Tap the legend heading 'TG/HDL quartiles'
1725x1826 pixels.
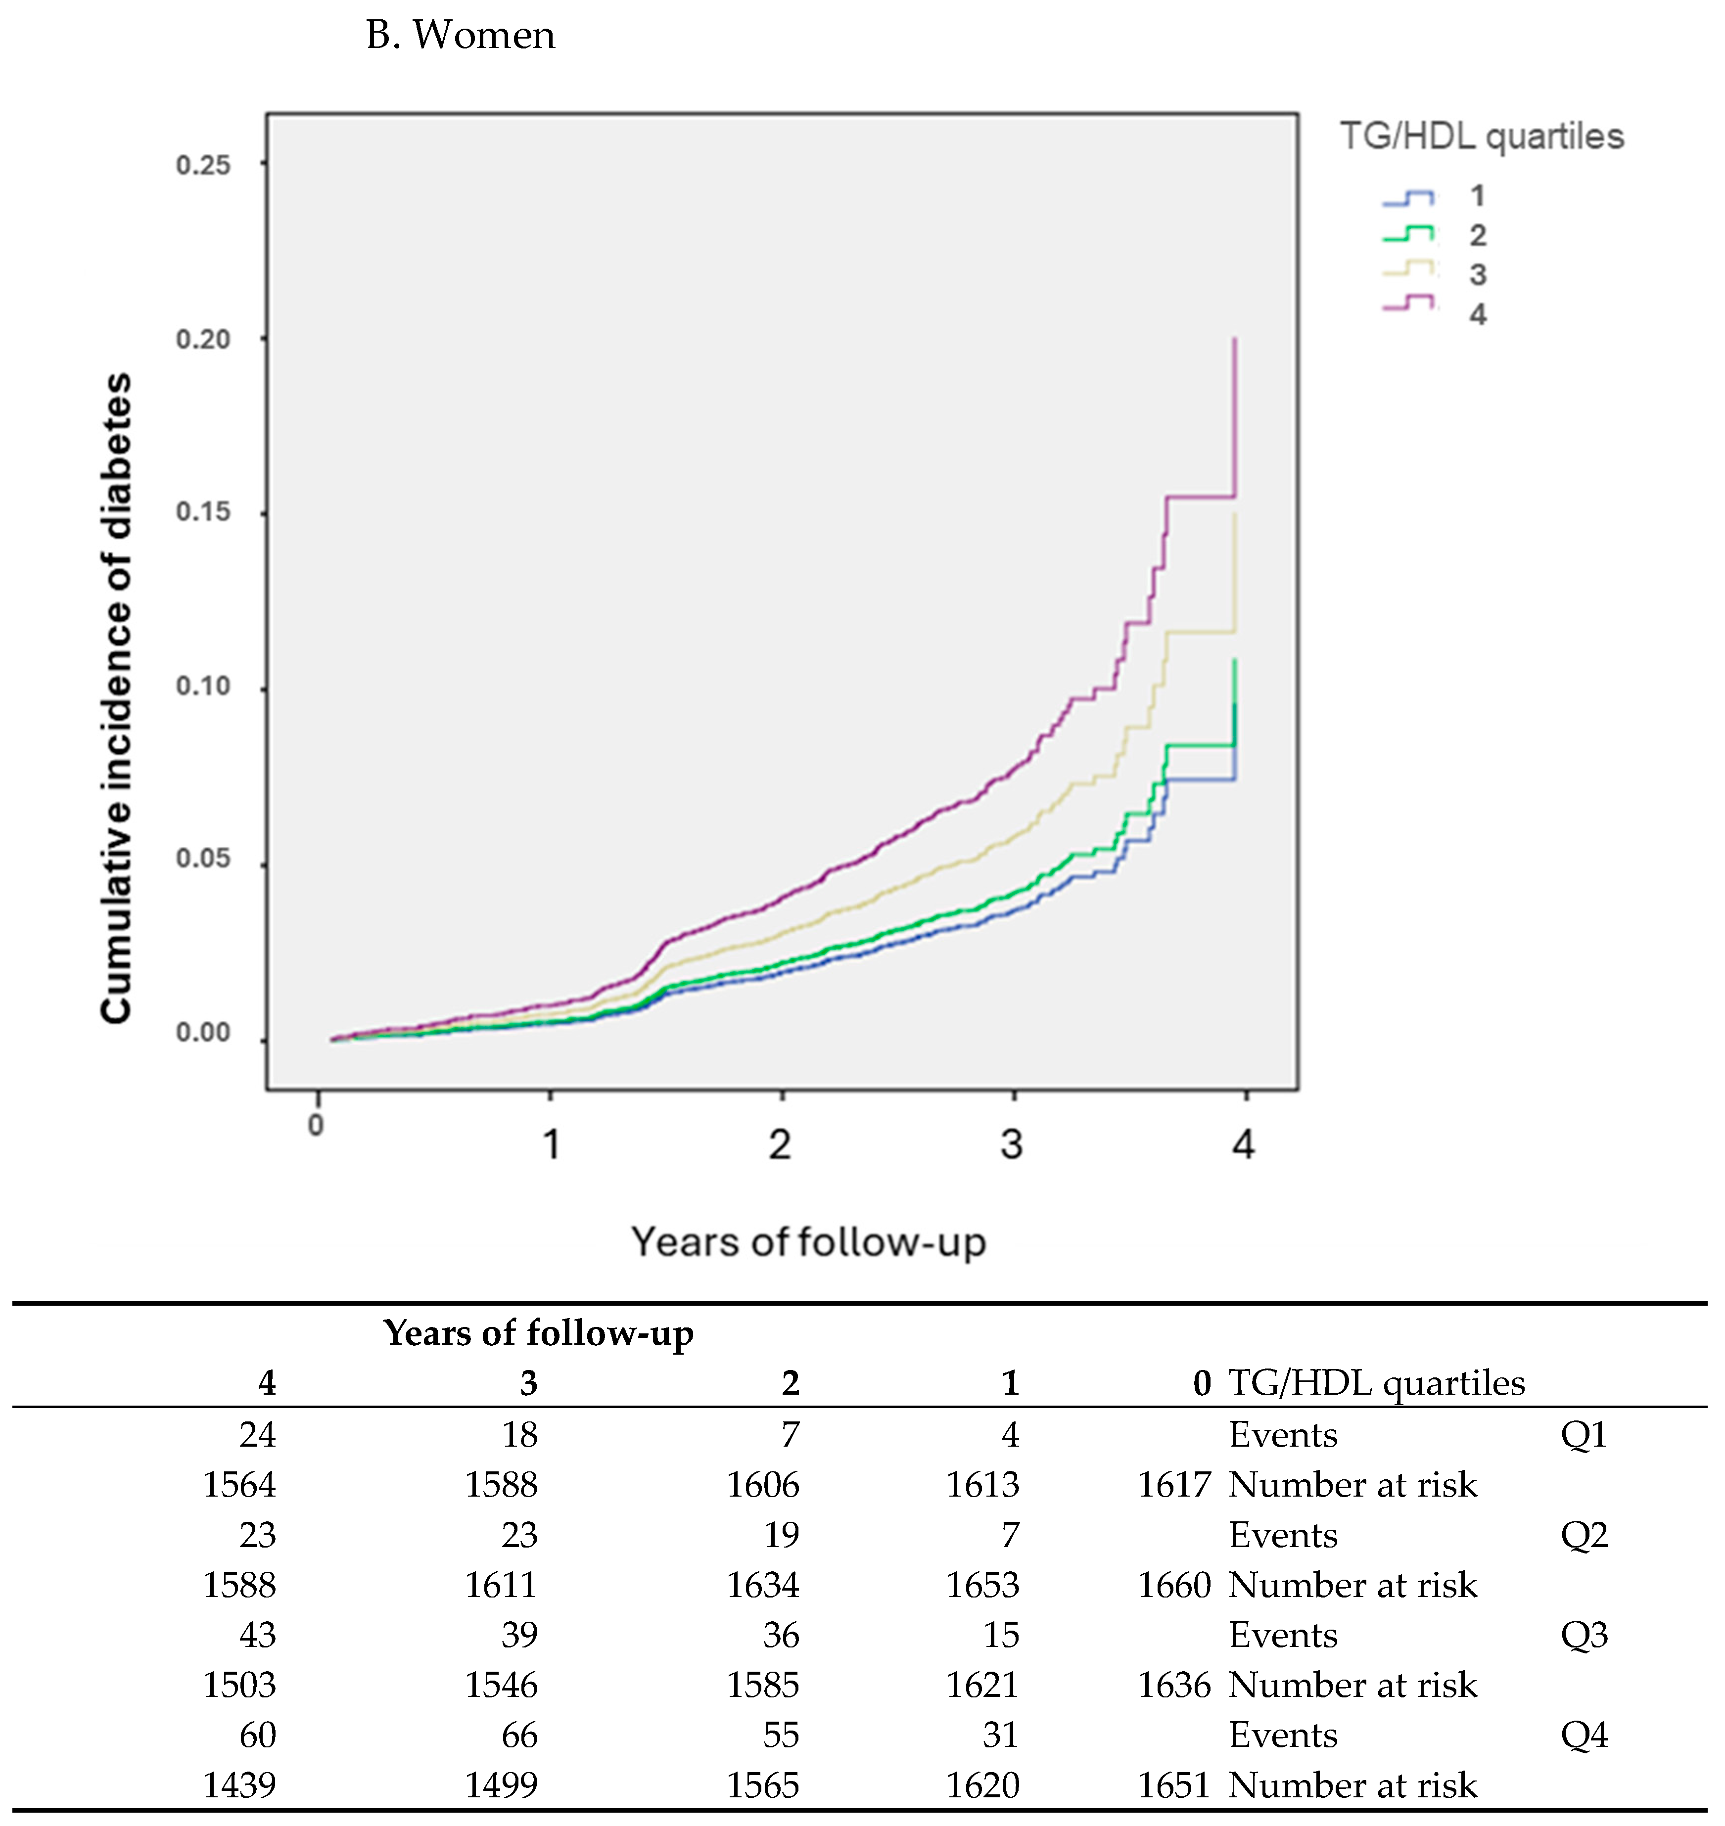(1481, 136)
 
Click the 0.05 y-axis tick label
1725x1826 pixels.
(203, 859)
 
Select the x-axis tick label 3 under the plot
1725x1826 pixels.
(1012, 1144)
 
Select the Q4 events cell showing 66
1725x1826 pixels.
(519, 1735)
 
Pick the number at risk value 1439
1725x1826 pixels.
(239, 1784)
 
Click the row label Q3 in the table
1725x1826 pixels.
(1584, 1635)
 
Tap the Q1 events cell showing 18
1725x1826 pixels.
(519, 1434)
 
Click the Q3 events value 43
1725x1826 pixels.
(257, 1635)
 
